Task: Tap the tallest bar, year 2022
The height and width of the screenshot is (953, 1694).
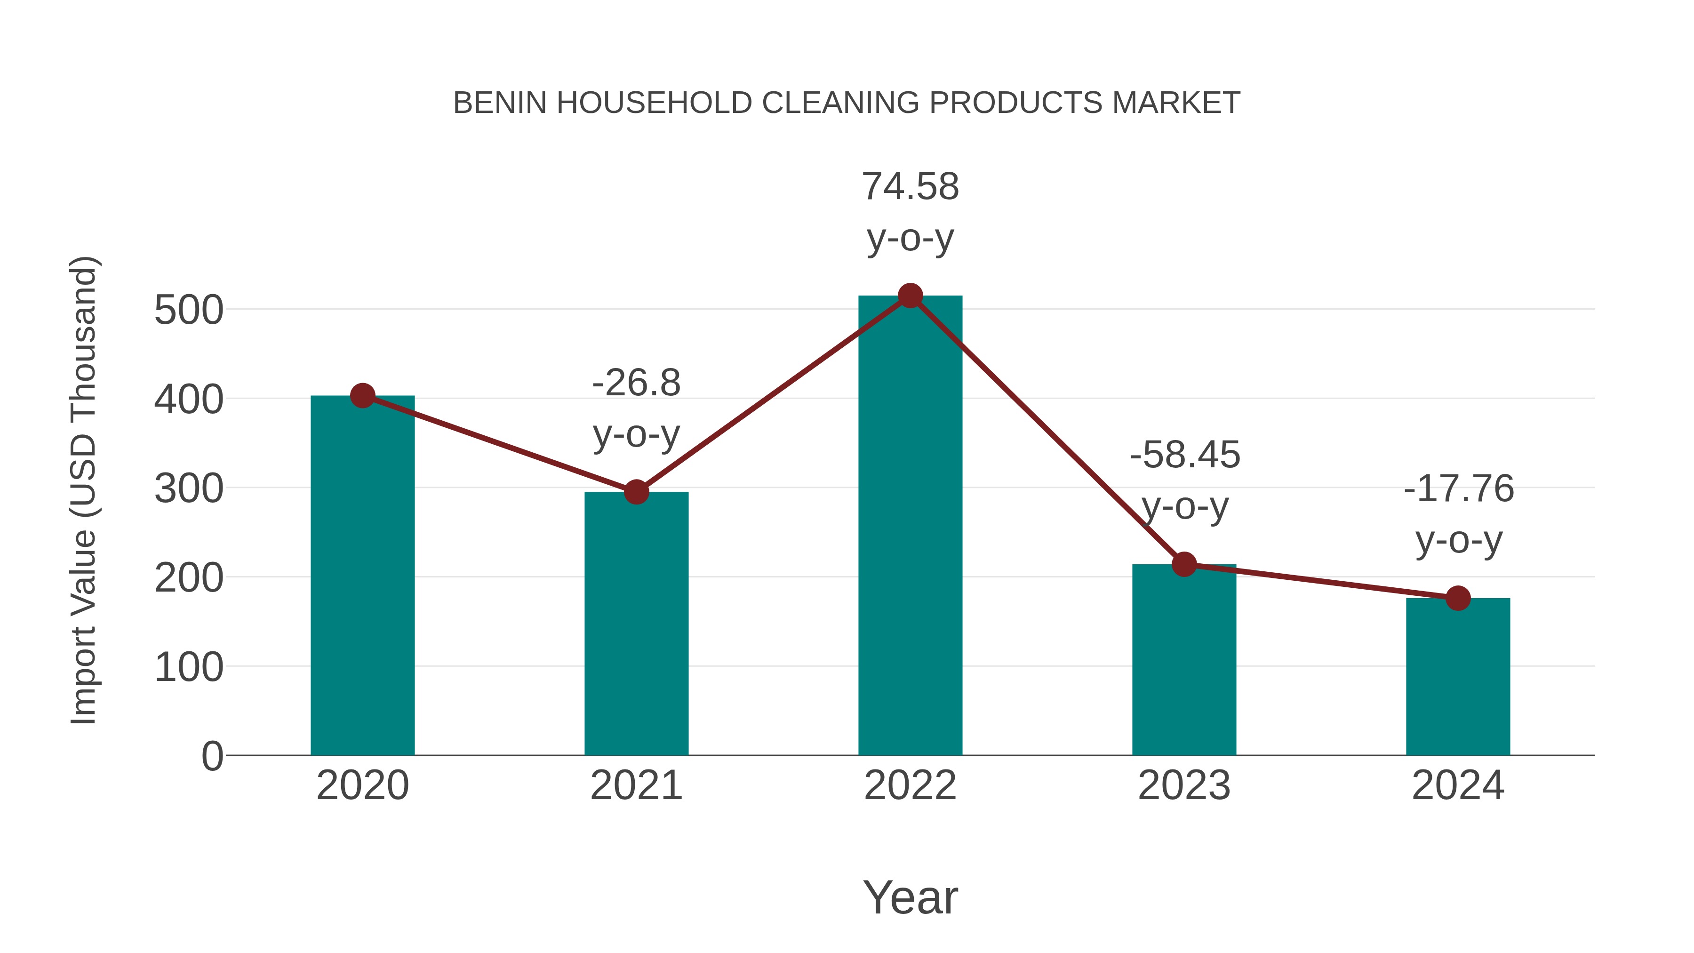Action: [910, 526]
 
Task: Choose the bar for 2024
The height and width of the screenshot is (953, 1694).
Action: [1458, 677]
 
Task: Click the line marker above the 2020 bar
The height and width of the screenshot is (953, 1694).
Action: [362, 395]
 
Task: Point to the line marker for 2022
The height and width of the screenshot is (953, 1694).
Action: [910, 296]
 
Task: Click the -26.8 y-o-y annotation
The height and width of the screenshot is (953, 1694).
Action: [636, 383]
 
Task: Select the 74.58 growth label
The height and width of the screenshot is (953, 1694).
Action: [910, 187]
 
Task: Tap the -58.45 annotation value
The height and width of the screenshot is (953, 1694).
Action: [1184, 455]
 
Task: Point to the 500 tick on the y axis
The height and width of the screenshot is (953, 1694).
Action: [189, 311]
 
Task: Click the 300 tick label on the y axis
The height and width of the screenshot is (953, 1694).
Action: [189, 489]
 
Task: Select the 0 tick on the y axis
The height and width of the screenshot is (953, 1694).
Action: [212, 756]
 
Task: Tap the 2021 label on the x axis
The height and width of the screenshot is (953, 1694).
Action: [636, 785]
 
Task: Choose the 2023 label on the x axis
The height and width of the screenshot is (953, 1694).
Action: [1184, 785]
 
